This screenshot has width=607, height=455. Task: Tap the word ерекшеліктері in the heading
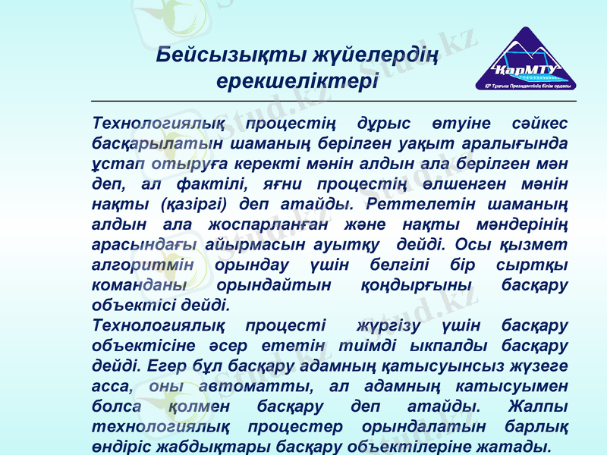tap(297, 80)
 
